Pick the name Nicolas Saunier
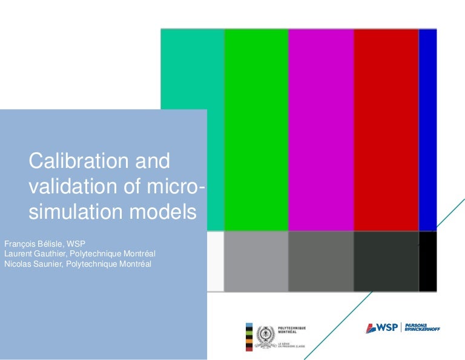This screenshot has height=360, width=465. (31, 264)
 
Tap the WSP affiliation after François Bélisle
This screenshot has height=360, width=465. (76, 244)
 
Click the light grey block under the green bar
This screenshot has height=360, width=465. (256, 261)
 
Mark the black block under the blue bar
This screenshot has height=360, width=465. (427, 261)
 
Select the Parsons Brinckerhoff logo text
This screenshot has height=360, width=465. (422, 328)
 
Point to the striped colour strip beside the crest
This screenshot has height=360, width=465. (248, 337)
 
